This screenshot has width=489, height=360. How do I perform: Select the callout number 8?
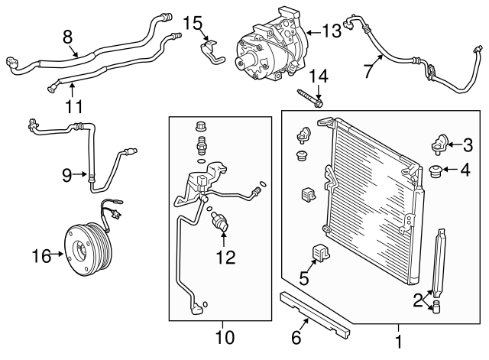point(67,35)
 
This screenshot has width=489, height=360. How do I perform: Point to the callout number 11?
point(73,106)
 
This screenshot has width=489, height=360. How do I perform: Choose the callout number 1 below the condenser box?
point(398,337)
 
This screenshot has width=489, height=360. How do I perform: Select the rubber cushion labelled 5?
point(319,252)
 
